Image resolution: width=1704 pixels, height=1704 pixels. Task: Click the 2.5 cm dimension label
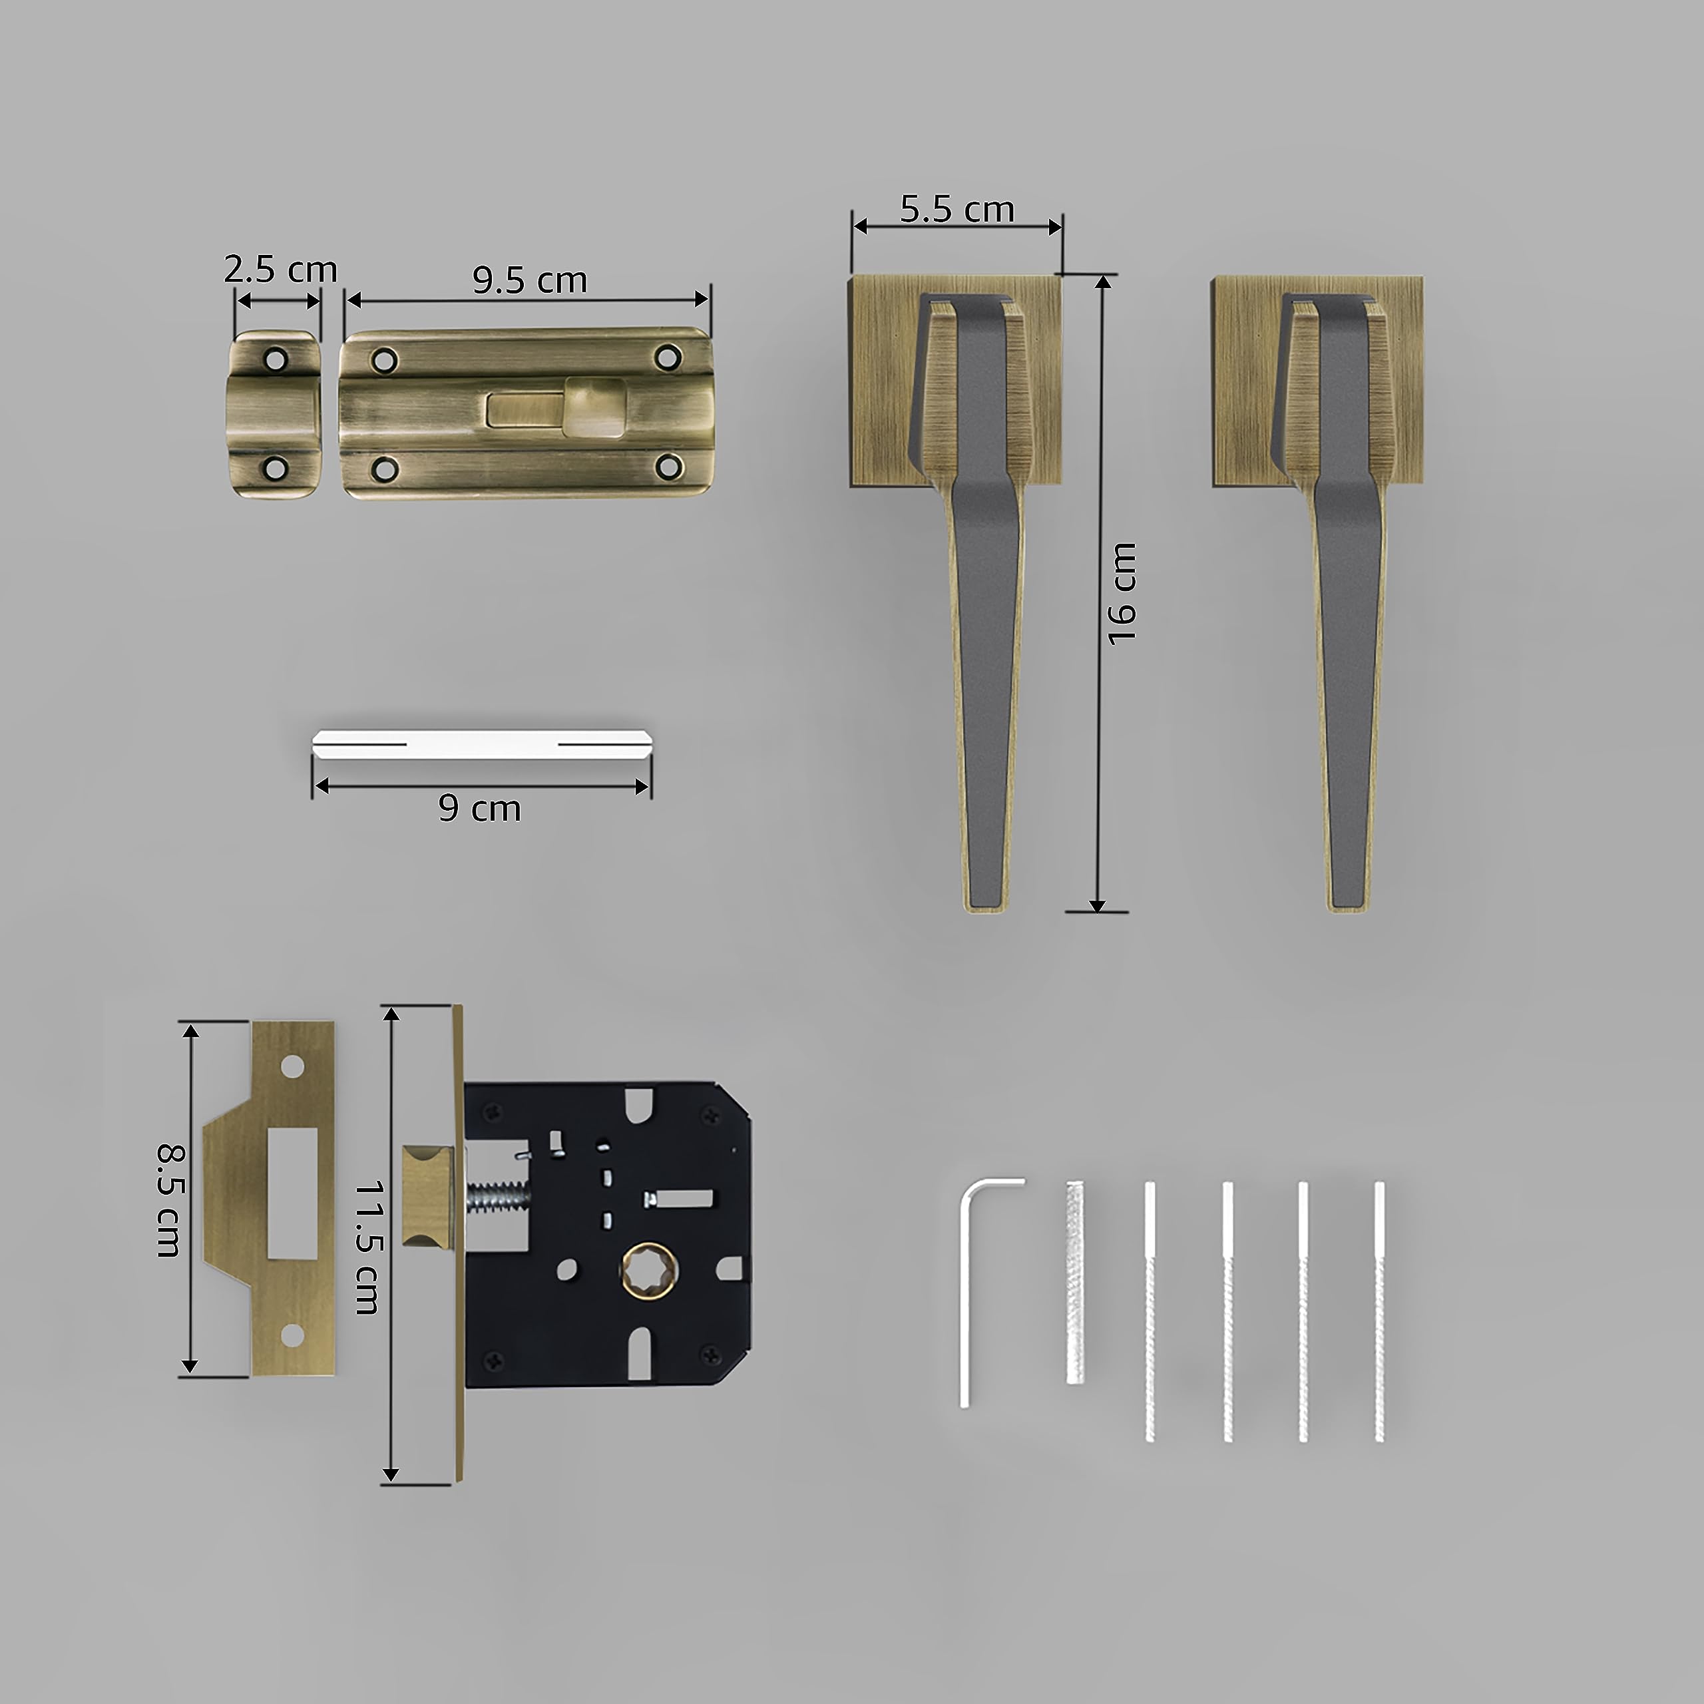[x=280, y=269]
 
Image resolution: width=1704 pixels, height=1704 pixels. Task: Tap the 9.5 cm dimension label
[x=529, y=280]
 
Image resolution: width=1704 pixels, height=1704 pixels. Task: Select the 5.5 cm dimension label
[x=957, y=209]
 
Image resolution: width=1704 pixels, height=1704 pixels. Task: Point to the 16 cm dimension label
[x=1122, y=594]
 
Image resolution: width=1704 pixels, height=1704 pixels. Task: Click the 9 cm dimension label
[x=480, y=808]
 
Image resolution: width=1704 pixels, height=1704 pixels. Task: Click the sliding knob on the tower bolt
[x=592, y=407]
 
